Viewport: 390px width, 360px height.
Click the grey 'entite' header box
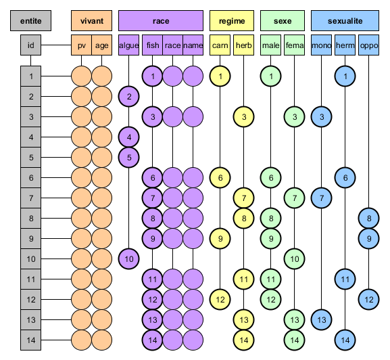[31, 21]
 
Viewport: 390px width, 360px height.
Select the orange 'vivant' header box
[91, 21]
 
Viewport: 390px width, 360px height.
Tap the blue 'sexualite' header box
[345, 21]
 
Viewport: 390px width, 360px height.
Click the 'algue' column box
[128, 45]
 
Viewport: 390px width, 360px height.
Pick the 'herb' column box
[244, 45]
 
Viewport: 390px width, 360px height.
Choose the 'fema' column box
[295, 45]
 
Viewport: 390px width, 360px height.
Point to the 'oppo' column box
[369, 45]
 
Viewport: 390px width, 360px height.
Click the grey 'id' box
[31, 45]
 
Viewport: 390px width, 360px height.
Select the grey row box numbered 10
[31, 259]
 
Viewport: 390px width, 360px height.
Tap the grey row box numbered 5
[31, 158]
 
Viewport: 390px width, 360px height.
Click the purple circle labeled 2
[128, 96]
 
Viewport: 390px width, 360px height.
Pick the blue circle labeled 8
[369, 219]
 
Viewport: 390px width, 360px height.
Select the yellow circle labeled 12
[220, 300]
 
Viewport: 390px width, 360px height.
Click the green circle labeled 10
[295, 259]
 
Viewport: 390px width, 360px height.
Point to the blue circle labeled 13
[321, 320]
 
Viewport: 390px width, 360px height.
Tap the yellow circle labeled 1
[220, 76]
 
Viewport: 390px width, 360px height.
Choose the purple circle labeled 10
[128, 259]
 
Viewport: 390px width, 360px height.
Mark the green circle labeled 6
[271, 178]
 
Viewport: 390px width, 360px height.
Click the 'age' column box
[102, 45]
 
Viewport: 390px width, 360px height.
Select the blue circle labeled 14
[345, 340]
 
